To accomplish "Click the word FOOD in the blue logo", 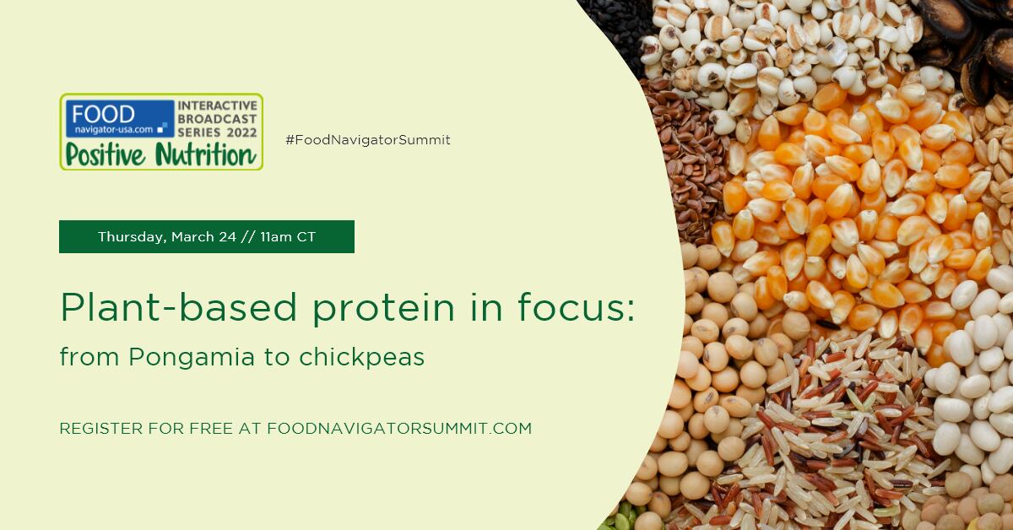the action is [103, 114].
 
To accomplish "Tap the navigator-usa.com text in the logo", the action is [114, 130].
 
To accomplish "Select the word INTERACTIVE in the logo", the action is [218, 105].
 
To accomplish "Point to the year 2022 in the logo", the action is [242, 132].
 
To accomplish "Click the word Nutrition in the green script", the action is [205, 154].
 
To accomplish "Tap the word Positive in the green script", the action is [106, 155].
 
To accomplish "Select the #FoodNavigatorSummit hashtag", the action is [368, 140].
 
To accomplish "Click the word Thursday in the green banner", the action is [131, 237].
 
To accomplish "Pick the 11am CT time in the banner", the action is [288, 237].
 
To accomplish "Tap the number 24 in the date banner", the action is [227, 237].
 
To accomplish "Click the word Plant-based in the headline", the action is [179, 307].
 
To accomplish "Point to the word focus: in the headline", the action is [577, 306].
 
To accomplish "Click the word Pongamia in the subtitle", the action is [192, 358].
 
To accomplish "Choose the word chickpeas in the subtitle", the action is [361, 357].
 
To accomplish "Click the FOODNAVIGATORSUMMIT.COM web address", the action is [399, 428].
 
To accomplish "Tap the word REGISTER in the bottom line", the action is [101, 428].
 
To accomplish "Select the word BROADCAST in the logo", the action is [217, 119].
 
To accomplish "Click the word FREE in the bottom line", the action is [212, 428].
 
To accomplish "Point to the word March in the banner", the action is [192, 237].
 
